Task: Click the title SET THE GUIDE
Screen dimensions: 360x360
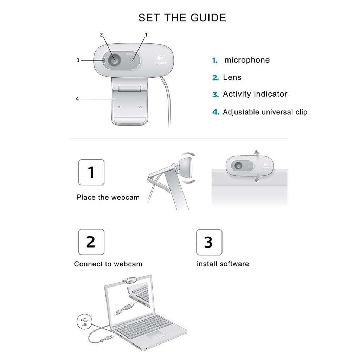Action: coord(182,18)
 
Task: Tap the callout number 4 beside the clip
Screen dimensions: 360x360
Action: coord(77,99)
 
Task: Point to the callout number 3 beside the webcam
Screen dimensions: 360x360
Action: coord(78,60)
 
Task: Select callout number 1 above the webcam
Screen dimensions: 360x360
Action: coord(146,34)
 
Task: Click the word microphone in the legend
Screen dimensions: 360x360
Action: coord(247,60)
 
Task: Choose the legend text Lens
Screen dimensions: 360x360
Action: coord(232,77)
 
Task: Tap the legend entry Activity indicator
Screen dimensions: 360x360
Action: coord(255,94)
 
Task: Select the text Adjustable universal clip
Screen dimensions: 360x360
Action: coord(265,112)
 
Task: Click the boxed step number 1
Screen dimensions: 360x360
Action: coord(91,172)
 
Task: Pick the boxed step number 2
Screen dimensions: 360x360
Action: coord(91,242)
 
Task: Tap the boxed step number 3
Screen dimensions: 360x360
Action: coord(209,242)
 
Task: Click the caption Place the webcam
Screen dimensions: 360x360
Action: coord(108,198)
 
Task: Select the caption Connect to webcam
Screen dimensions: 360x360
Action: coord(108,264)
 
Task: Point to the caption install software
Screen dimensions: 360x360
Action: coord(223,264)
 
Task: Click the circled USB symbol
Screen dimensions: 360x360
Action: coord(84,322)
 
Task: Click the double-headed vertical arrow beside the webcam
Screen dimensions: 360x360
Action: coord(257,166)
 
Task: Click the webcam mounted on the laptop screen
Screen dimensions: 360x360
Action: coord(130,281)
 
